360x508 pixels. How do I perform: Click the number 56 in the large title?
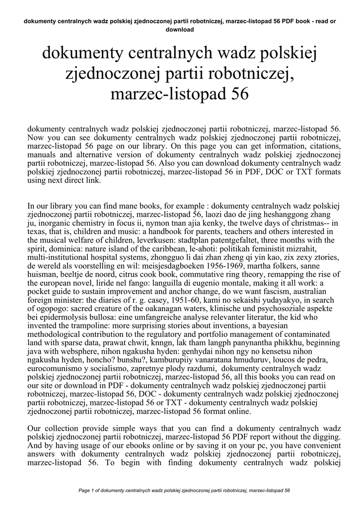click(237, 93)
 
